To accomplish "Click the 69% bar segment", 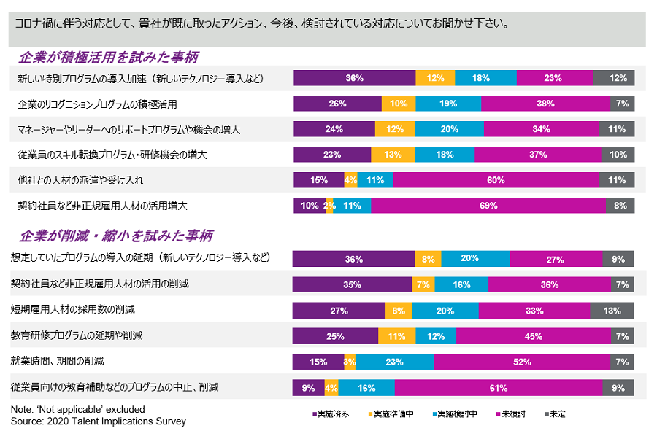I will tap(488, 206).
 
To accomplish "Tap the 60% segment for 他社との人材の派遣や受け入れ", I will tap(496, 180).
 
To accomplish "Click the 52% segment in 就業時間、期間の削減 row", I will tap(522, 362).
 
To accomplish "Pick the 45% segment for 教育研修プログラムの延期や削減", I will tap(534, 336).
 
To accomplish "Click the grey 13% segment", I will tap(612, 311).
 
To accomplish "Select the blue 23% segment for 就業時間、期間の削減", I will tap(395, 362).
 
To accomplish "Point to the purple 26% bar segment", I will tap(337, 104).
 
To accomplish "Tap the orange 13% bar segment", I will tap(392, 155).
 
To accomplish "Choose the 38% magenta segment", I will tap(546, 104).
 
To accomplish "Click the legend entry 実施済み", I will tap(331, 414).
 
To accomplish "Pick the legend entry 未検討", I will tap(510, 414).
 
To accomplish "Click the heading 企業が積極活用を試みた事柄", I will tap(109, 57).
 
